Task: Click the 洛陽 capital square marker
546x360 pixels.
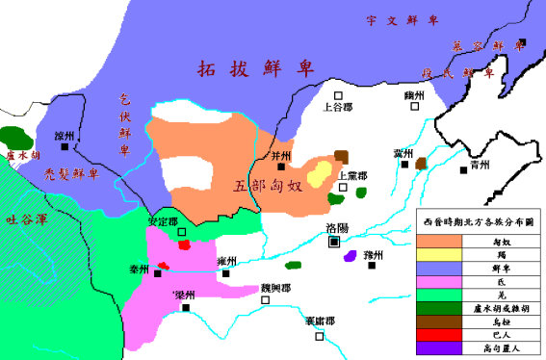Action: (x=334, y=243)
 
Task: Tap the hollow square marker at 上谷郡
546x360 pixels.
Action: (x=338, y=94)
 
